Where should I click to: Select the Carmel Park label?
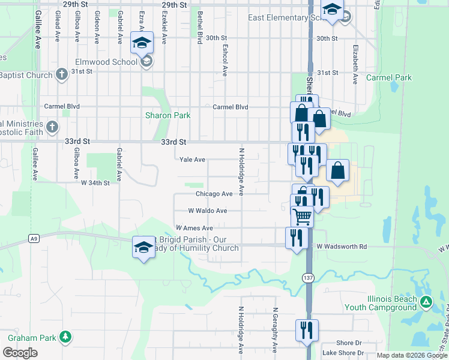point(390,78)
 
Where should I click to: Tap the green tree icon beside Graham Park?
point(65,338)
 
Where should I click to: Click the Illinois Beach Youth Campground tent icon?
point(426,301)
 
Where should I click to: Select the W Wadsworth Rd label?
point(342,247)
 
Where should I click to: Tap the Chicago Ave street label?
point(214,194)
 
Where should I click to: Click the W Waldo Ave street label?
point(208,211)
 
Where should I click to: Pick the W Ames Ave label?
point(194,228)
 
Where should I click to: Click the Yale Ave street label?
point(193,160)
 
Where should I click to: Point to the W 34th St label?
point(95,182)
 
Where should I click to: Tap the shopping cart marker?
point(302,216)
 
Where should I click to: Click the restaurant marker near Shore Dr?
point(307,330)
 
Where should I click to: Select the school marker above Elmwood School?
point(142,42)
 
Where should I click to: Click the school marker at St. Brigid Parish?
point(143,248)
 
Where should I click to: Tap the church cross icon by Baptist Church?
point(61,74)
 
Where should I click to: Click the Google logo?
point(20,353)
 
